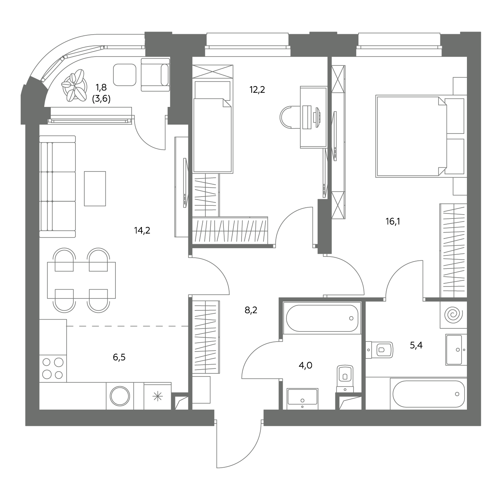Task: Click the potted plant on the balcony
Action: [74, 85]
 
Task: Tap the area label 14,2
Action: [142, 230]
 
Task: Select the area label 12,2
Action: [257, 90]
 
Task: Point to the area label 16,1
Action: [393, 221]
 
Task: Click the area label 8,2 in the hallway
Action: [251, 310]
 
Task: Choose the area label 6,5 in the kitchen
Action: [119, 357]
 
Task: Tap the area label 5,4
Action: [416, 345]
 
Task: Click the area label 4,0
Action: [305, 365]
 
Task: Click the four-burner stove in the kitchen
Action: [53, 368]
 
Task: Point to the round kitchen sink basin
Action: [120, 396]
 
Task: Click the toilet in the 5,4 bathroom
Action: [379, 350]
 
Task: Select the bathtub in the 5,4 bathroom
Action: [428, 394]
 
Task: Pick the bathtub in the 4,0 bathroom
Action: [322, 318]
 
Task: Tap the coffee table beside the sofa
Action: [95, 188]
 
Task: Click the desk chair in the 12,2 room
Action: [290, 117]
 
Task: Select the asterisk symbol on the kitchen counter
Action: [157, 396]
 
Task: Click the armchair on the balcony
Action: [155, 75]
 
